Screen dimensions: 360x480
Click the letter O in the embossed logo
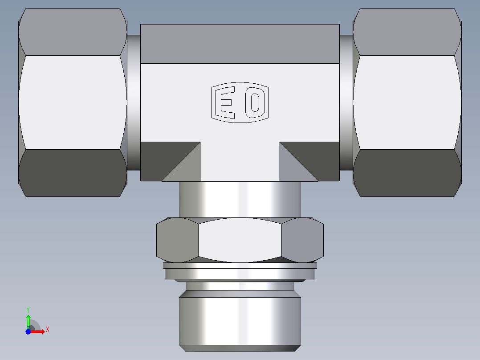click(x=255, y=102)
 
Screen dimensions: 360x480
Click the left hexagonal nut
click(x=73, y=102)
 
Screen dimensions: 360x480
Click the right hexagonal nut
click(x=407, y=102)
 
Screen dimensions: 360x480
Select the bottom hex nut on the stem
click(x=240, y=240)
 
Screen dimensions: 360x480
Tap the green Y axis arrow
click(x=28, y=320)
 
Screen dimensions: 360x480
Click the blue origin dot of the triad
click(x=28, y=331)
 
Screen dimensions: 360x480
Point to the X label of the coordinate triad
click(x=47, y=330)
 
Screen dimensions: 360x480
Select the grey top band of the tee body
click(x=240, y=44)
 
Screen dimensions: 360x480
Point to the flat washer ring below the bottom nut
click(x=240, y=271)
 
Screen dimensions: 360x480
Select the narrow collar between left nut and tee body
click(x=134, y=102)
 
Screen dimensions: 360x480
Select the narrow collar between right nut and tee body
click(x=346, y=102)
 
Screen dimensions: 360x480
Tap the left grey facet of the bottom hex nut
click(x=177, y=240)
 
